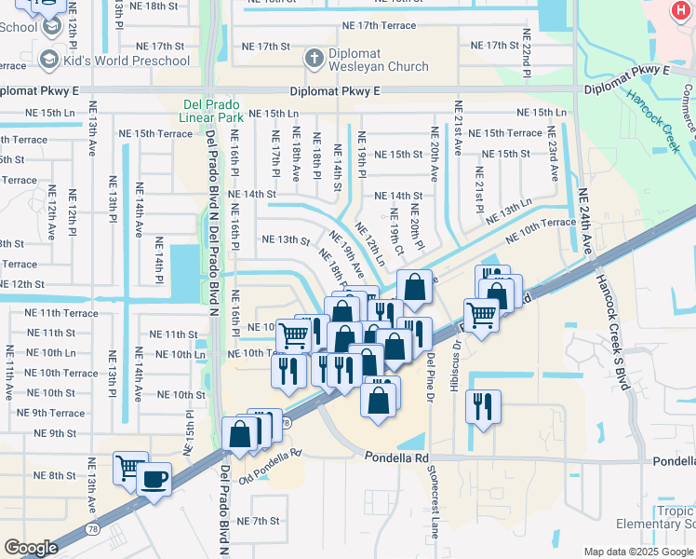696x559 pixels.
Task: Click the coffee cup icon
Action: coord(154,479)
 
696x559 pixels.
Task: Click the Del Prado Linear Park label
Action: coord(212,111)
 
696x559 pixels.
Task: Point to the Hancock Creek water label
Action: coord(653,111)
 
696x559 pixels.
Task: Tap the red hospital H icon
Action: coord(683,9)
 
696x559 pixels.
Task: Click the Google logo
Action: coord(31,548)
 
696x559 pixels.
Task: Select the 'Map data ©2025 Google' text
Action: coord(637,552)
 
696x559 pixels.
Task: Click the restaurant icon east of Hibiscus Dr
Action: coord(483,406)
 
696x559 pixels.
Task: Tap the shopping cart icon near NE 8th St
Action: coord(128,468)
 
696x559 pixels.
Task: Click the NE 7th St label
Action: coord(259,521)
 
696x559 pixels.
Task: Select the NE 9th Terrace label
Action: coord(51,413)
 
